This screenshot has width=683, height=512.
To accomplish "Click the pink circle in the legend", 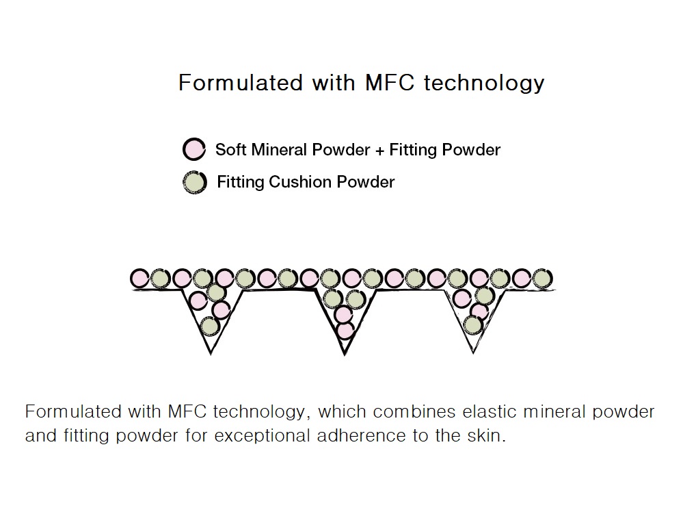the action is click(x=194, y=149).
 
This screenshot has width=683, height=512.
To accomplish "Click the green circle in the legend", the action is click(x=195, y=182).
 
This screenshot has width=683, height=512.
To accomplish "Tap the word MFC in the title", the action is click(x=390, y=82).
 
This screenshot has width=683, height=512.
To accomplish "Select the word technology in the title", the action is click(x=484, y=84).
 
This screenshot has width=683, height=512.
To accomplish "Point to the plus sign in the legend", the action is click(x=379, y=151).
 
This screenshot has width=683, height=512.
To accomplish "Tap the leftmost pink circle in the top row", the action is click(x=140, y=278).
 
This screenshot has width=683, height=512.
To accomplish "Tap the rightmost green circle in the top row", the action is click(x=542, y=278).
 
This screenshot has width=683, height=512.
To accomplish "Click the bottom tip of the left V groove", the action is click(x=211, y=354).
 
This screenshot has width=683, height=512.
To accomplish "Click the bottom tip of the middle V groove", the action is click(x=344, y=355).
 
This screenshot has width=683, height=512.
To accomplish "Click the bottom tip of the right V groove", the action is click(x=473, y=353).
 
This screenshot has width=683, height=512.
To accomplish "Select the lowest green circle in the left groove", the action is click(x=209, y=326).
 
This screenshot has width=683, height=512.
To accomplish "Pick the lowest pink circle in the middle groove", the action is click(x=345, y=331).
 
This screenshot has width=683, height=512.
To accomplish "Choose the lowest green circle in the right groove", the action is click(x=472, y=325).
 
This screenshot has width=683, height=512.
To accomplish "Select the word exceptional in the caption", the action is click(x=261, y=436).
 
